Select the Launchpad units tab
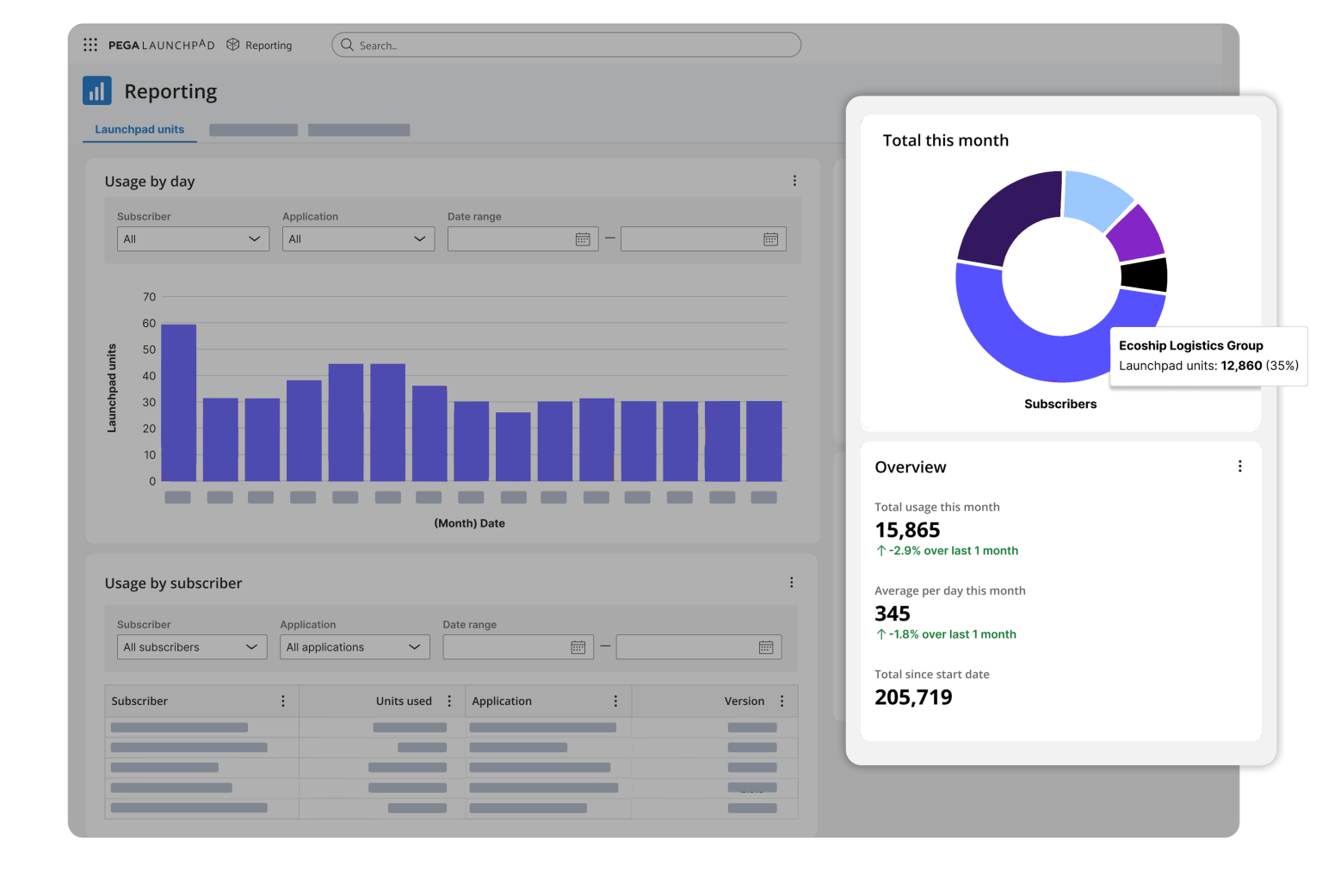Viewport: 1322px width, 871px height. point(139,130)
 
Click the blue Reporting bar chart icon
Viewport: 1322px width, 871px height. point(97,90)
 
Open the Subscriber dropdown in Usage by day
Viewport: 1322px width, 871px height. point(193,239)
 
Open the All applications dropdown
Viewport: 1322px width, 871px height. point(355,647)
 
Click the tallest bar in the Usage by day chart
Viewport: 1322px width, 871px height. point(179,402)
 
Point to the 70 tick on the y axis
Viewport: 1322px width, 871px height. point(150,297)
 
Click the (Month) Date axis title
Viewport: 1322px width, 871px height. point(469,523)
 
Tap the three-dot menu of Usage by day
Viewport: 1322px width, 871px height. point(794,181)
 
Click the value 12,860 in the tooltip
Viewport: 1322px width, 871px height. point(1241,366)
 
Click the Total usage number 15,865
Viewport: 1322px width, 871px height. point(907,530)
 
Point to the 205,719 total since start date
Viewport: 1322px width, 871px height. point(913,697)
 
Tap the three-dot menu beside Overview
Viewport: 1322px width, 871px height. point(1239,466)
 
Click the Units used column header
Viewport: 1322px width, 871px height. point(404,701)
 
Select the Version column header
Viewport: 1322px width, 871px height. point(744,701)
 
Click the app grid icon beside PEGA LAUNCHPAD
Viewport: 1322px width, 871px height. point(90,45)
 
